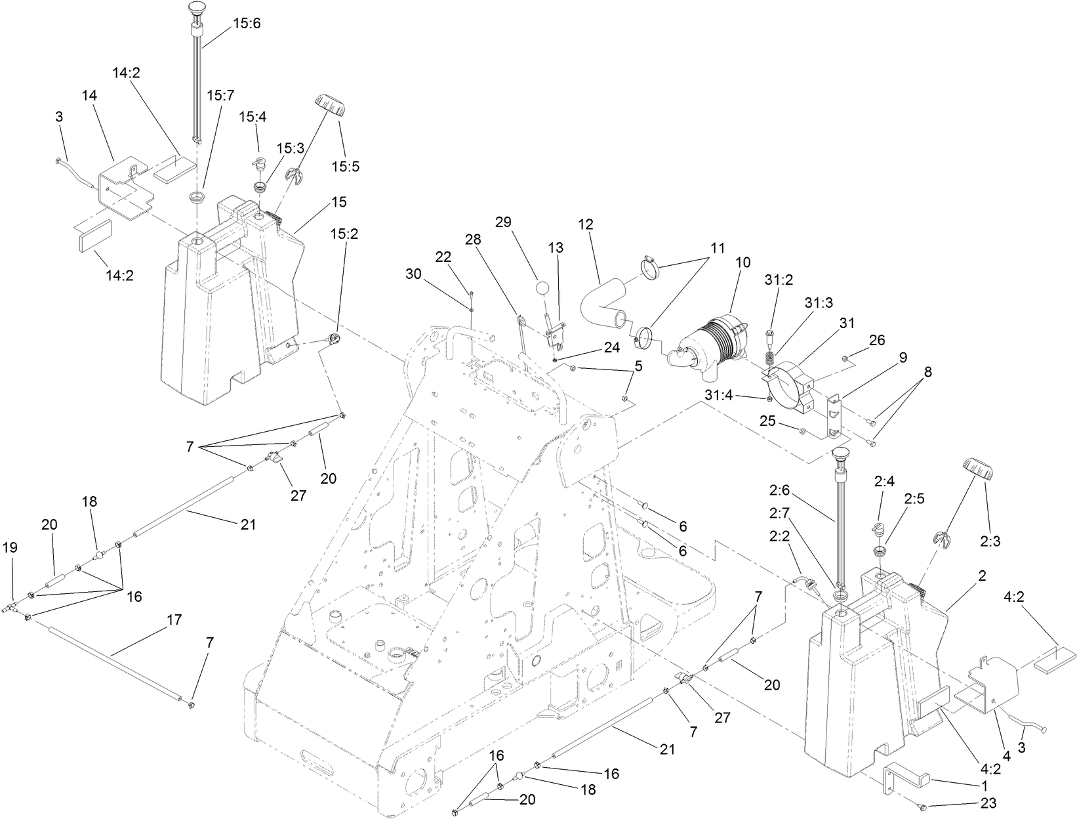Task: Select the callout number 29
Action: (x=503, y=222)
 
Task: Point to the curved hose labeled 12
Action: (x=601, y=300)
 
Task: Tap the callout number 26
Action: (x=877, y=340)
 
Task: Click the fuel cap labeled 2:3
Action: (x=977, y=469)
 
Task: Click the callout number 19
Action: (x=12, y=547)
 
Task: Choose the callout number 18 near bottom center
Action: (x=588, y=789)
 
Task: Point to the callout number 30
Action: (x=413, y=274)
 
